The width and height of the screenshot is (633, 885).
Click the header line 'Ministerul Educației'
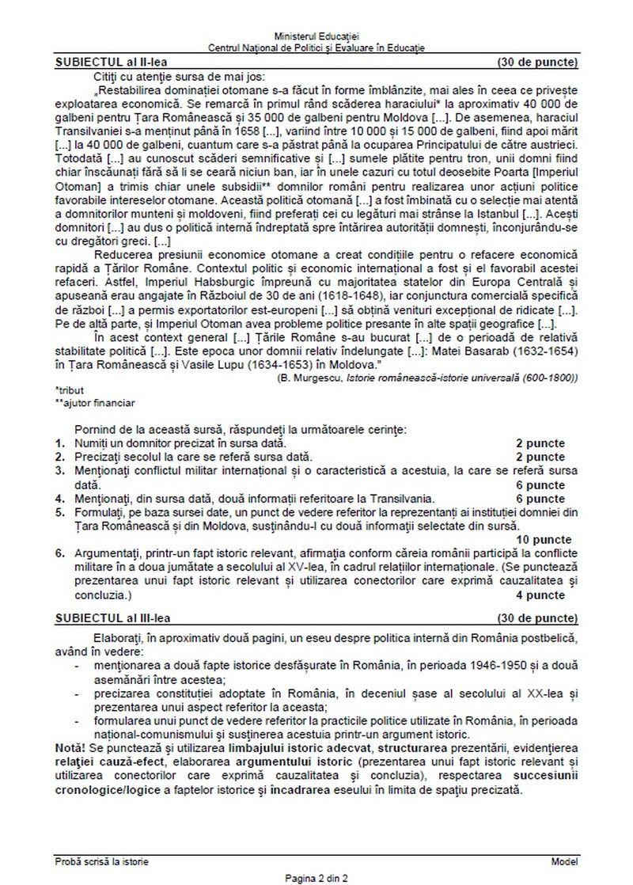pyautogui.click(x=316, y=37)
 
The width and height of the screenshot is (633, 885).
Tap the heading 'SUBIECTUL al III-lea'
pyautogui.click(x=114, y=614)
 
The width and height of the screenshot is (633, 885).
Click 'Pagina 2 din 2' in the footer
pyautogui.click(x=316, y=877)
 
